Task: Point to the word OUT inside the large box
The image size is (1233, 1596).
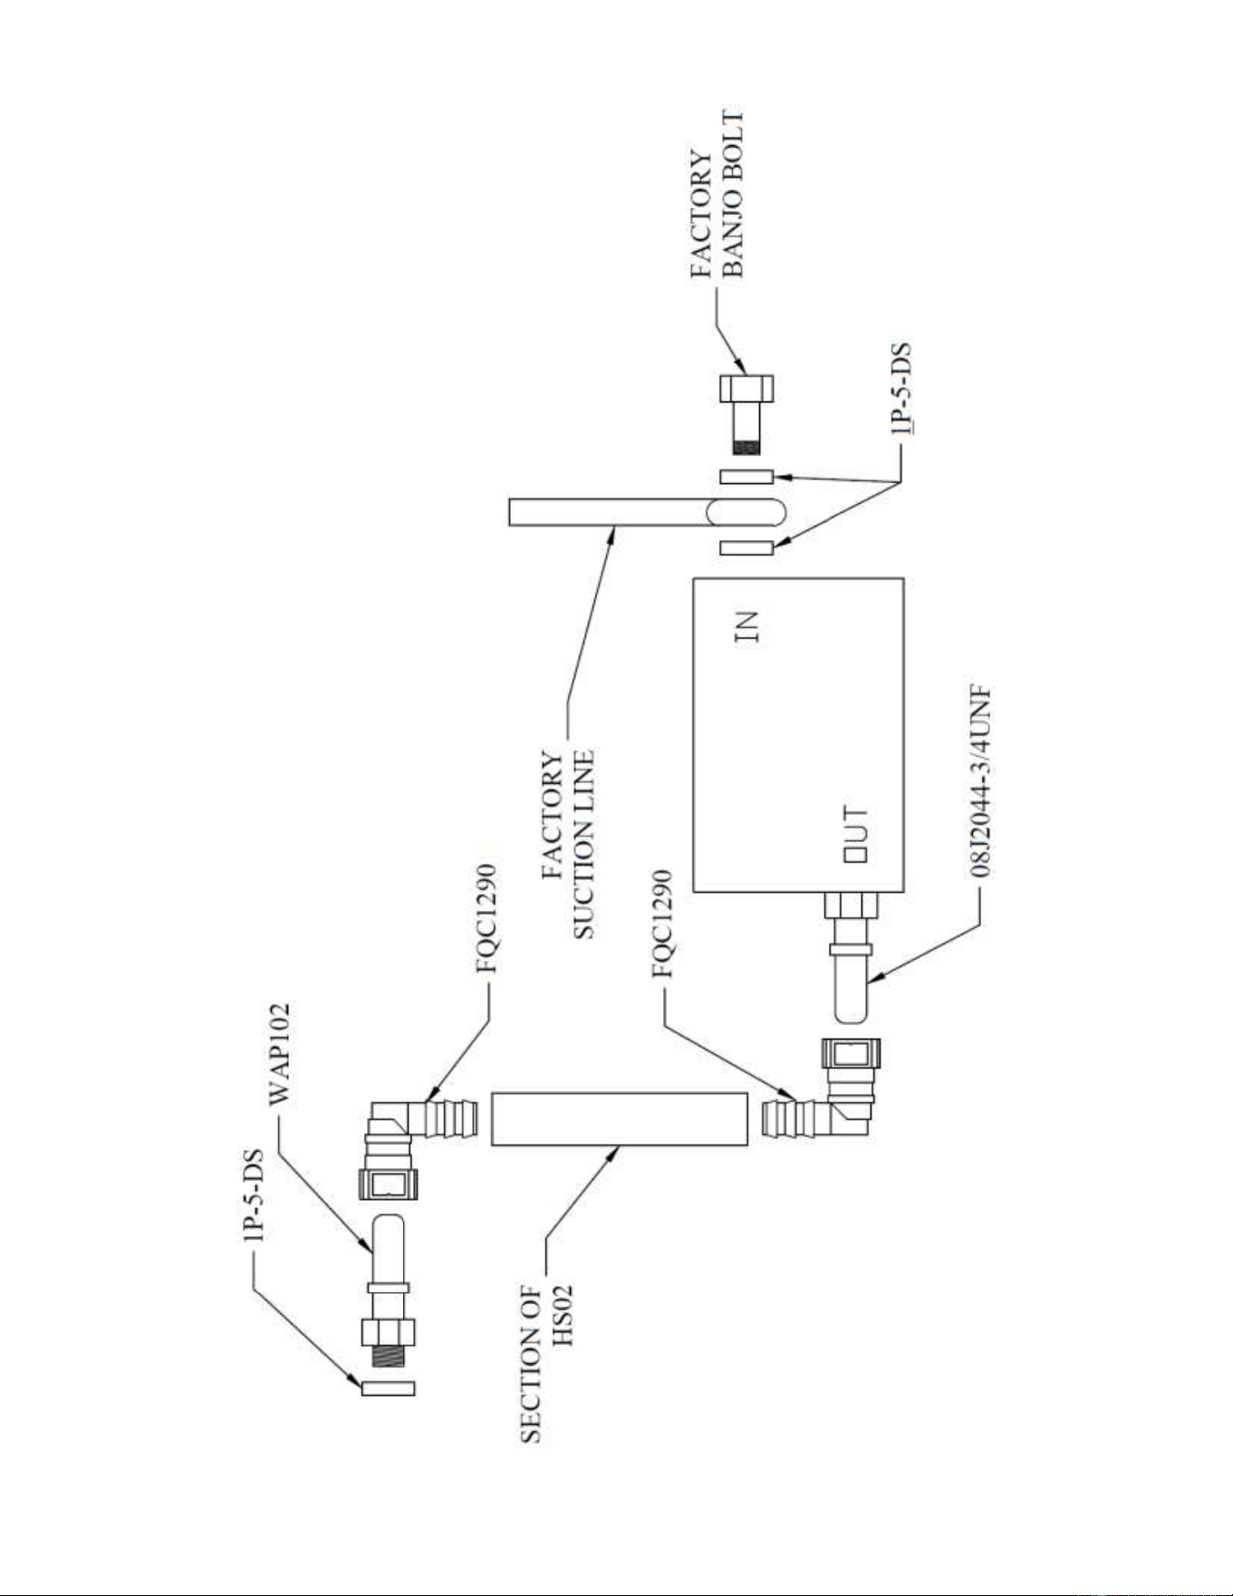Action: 856,835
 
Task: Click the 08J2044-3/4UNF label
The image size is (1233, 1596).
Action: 981,781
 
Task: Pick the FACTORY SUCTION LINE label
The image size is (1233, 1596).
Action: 568,844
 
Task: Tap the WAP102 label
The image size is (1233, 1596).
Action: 280,1052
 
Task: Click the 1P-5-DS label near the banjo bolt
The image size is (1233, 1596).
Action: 901,391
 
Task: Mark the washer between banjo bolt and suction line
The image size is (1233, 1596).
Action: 747,476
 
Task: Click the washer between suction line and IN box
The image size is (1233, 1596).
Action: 747,547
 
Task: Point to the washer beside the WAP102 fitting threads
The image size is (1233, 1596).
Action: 388,1388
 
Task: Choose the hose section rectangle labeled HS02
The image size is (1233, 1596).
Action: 619,1118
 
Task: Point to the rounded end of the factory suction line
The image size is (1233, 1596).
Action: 747,512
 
